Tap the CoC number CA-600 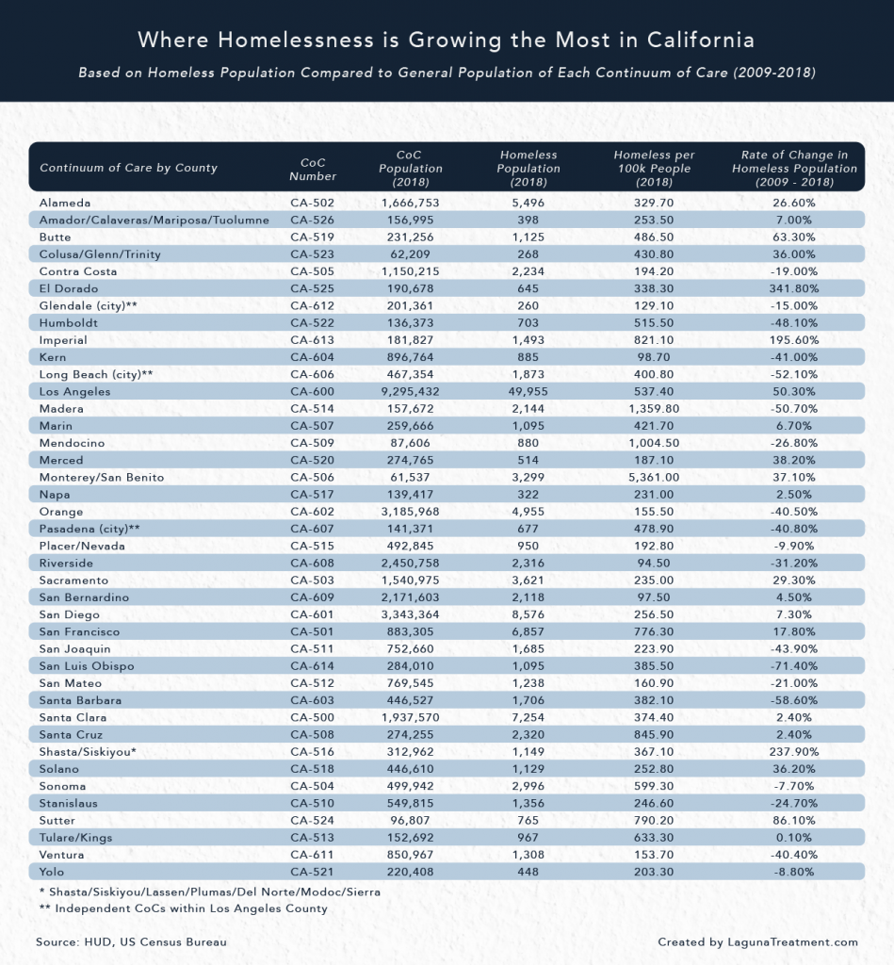pyautogui.click(x=312, y=391)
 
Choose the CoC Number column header pyautogui.click(x=312, y=168)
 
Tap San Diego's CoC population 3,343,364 pyautogui.click(x=411, y=614)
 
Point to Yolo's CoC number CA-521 pyautogui.click(x=312, y=872)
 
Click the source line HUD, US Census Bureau pyautogui.click(x=131, y=941)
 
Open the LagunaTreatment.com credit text pyautogui.click(x=758, y=941)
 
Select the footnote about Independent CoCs pyautogui.click(x=178, y=908)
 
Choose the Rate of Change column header pyautogui.click(x=795, y=168)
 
